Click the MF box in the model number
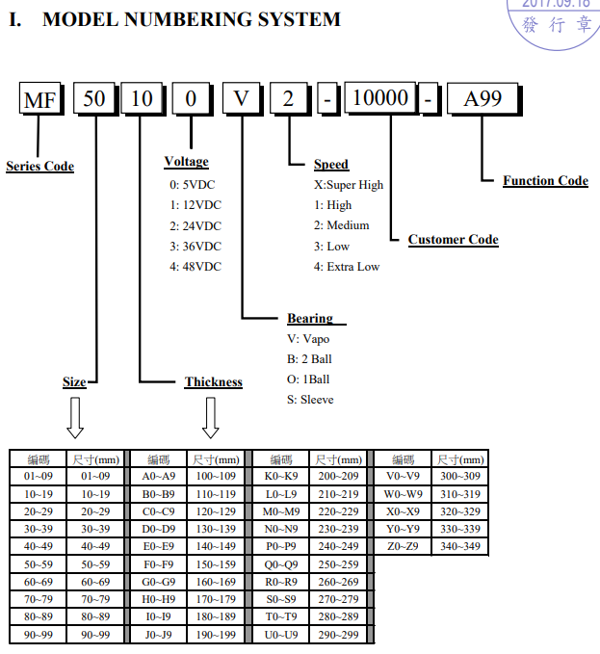(x=40, y=98)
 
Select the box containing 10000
(x=380, y=98)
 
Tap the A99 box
(x=483, y=99)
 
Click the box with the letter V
(x=242, y=98)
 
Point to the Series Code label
(x=40, y=166)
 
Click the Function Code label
(x=545, y=181)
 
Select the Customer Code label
(x=454, y=240)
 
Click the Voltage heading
(x=187, y=162)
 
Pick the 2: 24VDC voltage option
(x=196, y=225)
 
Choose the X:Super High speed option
(x=349, y=185)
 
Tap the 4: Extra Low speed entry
(x=347, y=267)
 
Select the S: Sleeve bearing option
(x=310, y=400)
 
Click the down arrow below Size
(x=75, y=417)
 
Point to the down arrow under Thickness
(x=211, y=417)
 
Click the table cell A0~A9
(x=159, y=476)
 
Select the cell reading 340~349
(x=460, y=546)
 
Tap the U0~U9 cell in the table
(x=281, y=635)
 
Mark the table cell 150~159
(x=216, y=564)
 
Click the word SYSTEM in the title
(x=300, y=19)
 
